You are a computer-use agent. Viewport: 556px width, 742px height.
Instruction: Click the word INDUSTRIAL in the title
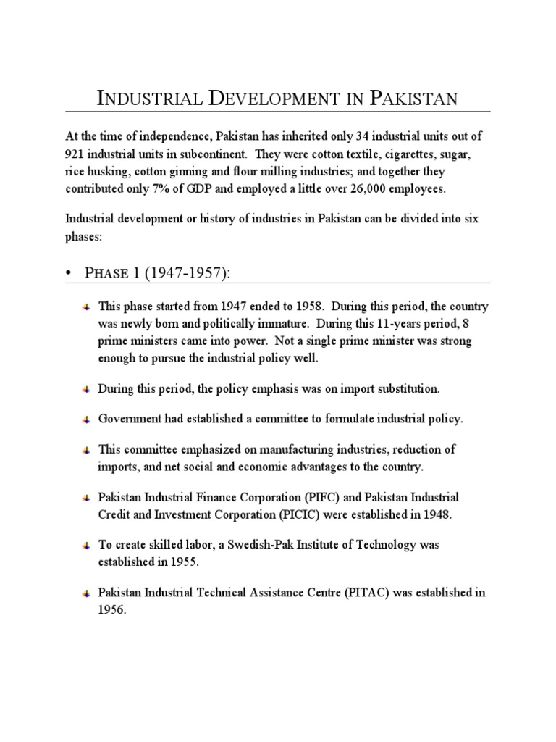tap(147, 98)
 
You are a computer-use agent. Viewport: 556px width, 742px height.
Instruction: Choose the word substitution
tap(402, 389)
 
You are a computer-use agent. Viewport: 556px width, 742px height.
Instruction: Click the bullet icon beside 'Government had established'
tap(85, 420)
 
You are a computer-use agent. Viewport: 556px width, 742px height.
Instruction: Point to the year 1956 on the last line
tap(112, 610)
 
